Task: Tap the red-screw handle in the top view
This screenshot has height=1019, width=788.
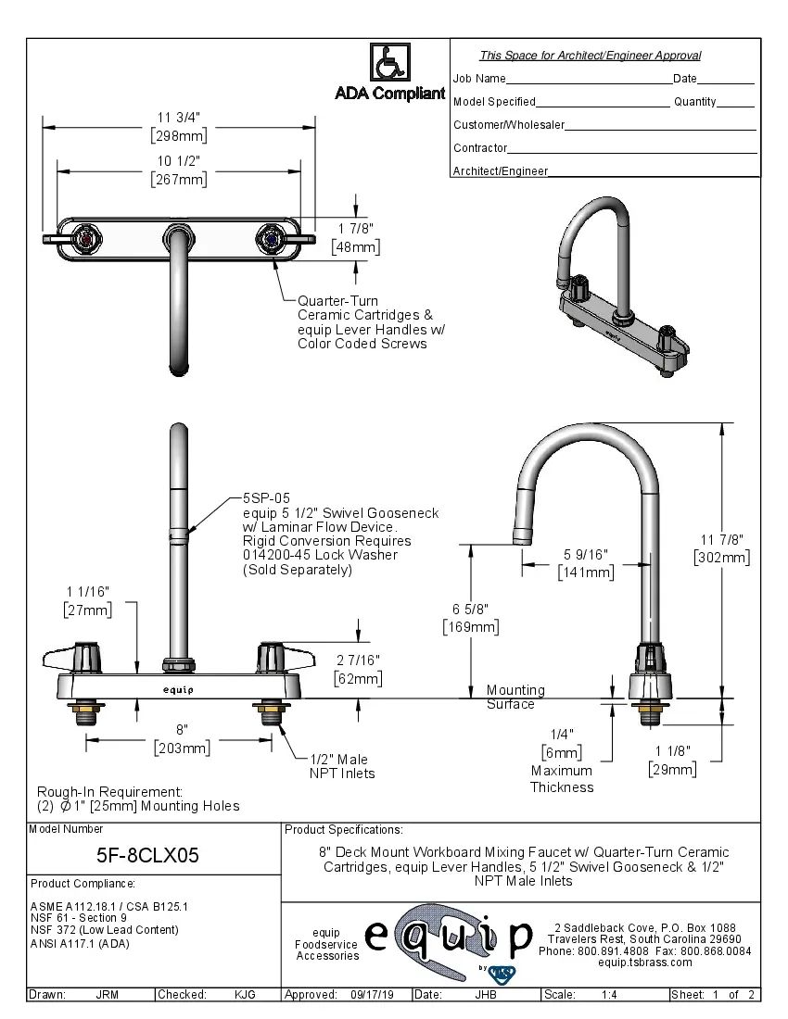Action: (87, 238)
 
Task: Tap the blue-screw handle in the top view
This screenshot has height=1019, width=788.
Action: (270, 238)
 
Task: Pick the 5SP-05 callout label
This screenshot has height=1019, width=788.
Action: (267, 497)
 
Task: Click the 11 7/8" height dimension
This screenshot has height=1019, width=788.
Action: (721, 540)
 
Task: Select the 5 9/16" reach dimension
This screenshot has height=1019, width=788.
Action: (585, 554)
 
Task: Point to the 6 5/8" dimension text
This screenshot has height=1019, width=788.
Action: (470, 609)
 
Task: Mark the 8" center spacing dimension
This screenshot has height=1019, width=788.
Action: (182, 730)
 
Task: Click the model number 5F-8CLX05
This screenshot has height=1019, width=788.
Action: (148, 855)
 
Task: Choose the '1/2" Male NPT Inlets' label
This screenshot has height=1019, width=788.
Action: (341, 766)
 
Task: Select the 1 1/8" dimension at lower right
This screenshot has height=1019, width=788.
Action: (672, 751)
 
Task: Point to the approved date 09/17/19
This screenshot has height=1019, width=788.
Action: (372, 994)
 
